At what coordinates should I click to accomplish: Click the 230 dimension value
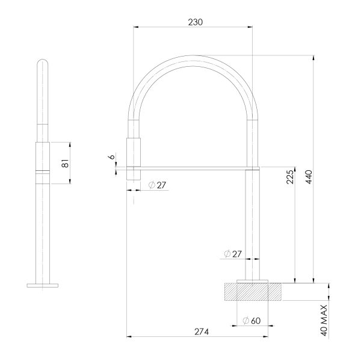[194, 22]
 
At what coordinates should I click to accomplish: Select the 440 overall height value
[308, 179]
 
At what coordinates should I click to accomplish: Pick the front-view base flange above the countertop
[253, 281]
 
